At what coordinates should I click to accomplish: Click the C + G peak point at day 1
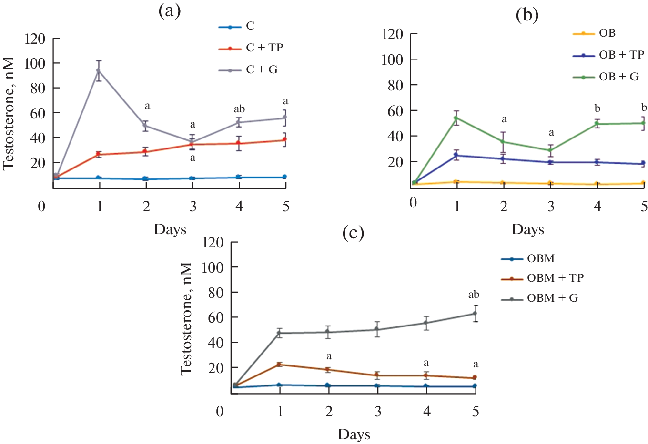click(99, 70)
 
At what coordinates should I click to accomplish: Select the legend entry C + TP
click(264, 48)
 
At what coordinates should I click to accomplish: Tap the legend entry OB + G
click(618, 77)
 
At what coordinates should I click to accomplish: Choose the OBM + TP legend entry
click(555, 278)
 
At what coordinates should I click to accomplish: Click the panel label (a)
click(170, 11)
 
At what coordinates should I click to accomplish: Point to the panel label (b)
click(527, 15)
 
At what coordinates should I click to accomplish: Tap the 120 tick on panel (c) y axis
click(213, 243)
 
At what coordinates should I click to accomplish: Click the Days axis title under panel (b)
click(527, 229)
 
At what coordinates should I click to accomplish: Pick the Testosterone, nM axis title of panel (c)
click(186, 318)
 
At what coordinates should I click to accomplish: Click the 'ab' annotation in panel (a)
click(239, 109)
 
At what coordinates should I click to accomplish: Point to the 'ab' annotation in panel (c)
click(474, 295)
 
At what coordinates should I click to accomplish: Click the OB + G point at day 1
click(456, 118)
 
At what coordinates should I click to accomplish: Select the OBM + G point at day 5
click(475, 313)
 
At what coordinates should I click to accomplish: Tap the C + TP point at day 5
click(284, 140)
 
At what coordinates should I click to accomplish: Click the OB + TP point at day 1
click(456, 155)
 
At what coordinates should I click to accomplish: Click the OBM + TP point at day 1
click(280, 365)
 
